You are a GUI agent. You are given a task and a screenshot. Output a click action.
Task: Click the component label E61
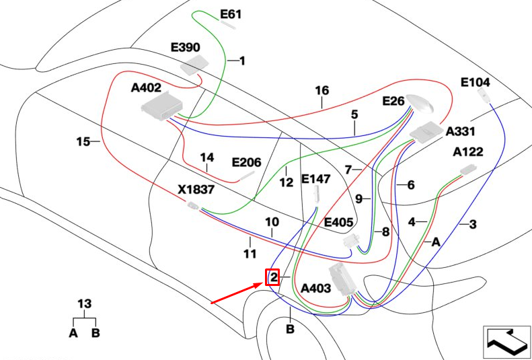point(231,15)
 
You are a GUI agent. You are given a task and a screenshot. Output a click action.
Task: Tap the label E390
point(185,48)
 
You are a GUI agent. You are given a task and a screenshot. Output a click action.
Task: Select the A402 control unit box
point(161,106)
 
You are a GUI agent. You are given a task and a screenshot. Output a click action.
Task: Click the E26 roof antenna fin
point(420,103)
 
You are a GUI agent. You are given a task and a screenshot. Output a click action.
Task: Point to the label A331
point(461,131)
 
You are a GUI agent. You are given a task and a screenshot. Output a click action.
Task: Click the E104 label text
point(476,82)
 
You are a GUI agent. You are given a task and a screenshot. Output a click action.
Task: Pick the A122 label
point(468,151)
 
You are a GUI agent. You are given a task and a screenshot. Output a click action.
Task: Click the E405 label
point(339,222)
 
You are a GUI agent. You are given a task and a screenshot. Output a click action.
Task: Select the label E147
point(315,179)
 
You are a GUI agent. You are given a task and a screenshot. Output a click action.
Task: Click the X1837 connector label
point(196,189)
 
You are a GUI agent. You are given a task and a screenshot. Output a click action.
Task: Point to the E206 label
point(246,163)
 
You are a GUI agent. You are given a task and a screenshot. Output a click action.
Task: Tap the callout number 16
point(322,91)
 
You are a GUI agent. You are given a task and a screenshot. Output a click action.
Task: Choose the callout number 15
point(83,141)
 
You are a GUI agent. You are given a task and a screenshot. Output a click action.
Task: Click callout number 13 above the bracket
point(85,303)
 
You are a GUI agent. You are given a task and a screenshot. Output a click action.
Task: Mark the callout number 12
point(286,182)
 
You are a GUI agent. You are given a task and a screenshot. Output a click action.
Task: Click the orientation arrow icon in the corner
point(506,342)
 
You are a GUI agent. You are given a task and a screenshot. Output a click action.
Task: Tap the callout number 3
point(473,224)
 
